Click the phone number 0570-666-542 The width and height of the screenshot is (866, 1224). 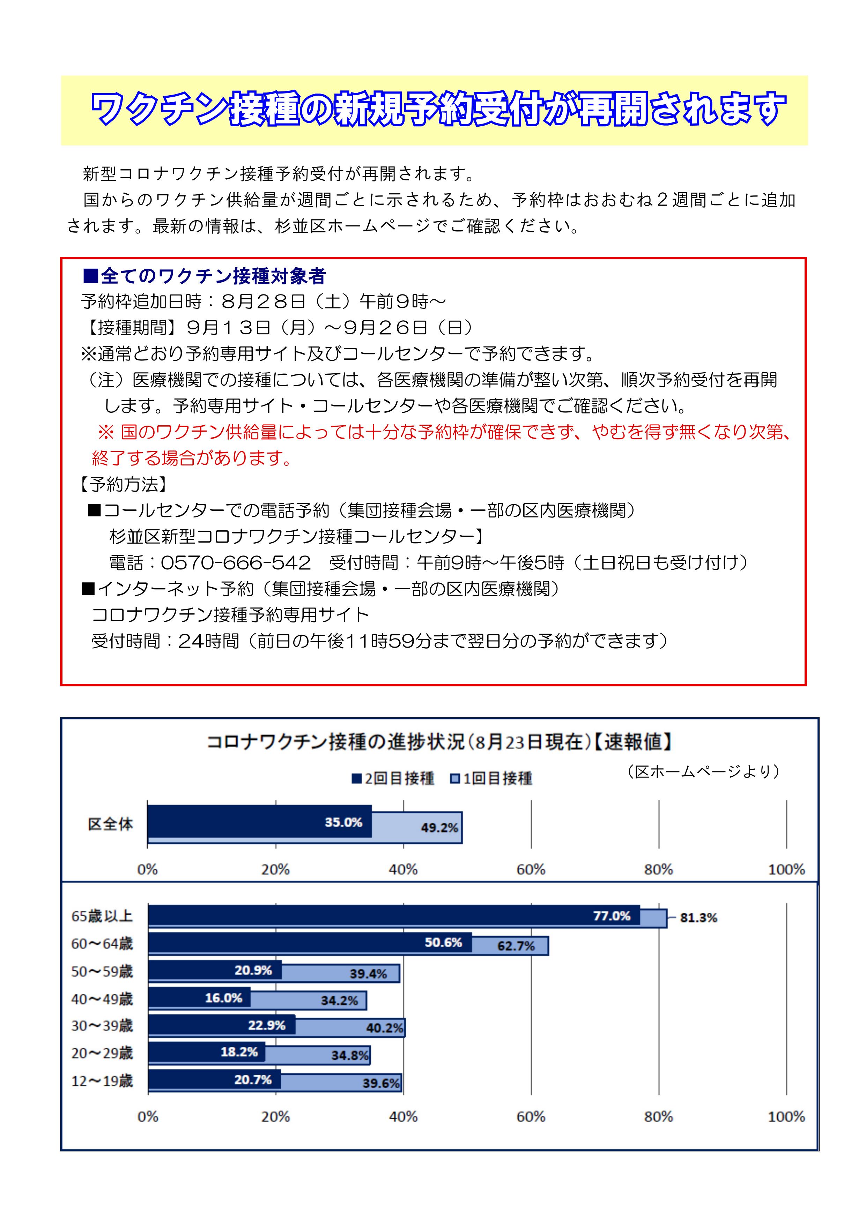pyautogui.click(x=236, y=563)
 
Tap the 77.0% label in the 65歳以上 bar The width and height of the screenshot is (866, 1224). pyautogui.click(x=612, y=916)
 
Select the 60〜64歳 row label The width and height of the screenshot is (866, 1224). pyautogui.click(x=102, y=943)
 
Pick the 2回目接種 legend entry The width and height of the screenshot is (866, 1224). pyautogui.click(x=393, y=778)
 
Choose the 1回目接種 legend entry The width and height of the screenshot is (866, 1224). pyautogui.click(x=491, y=778)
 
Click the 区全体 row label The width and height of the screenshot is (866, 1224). pyautogui.click(x=110, y=824)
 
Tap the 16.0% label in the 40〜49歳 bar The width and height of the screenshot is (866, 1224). pyautogui.click(x=223, y=998)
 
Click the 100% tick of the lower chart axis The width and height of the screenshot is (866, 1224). pyautogui.click(x=786, y=1117)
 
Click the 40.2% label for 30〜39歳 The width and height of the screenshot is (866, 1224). pyautogui.click(x=384, y=1028)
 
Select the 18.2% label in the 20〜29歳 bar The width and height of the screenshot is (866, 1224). pyautogui.click(x=239, y=1052)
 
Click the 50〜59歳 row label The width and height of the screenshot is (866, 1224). pyautogui.click(x=102, y=971)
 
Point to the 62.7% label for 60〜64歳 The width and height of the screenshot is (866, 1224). pyautogui.click(x=516, y=946)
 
